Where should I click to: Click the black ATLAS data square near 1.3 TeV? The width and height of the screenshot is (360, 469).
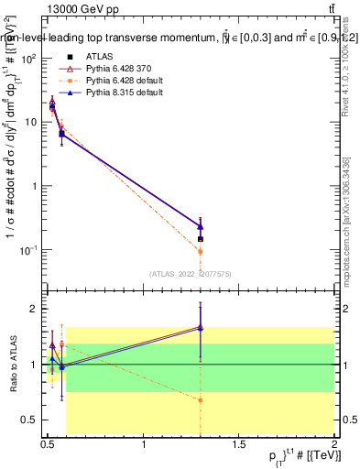[200, 239]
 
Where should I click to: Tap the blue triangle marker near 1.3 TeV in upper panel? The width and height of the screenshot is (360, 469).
[200, 226]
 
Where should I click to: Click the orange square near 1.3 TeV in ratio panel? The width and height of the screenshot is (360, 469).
[200, 400]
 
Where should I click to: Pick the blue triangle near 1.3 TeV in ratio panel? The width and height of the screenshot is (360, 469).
[200, 327]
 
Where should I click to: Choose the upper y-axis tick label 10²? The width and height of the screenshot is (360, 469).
[30, 58]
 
